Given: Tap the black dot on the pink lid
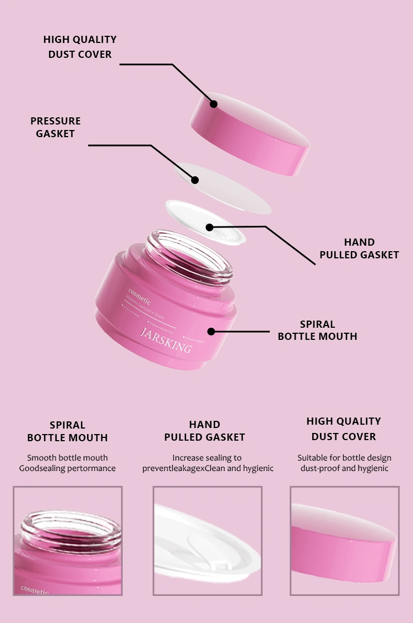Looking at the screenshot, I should coord(214,104).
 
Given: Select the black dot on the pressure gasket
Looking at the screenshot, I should coord(194,180).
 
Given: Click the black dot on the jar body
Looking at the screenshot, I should coord(211,331).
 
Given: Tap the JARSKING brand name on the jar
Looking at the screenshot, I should coord(166,340).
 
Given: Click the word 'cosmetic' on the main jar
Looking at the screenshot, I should coord(139,292).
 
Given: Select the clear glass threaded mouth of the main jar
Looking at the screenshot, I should coord(189,254).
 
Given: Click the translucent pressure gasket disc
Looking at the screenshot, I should coord(231,190).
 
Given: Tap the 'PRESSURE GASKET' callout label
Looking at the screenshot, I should coord(55,127).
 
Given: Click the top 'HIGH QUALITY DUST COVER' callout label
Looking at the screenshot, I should coord(80,47).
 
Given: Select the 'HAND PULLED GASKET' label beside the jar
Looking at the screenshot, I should coord(359,248).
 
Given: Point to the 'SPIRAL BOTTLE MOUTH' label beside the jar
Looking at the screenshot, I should coord(317,330).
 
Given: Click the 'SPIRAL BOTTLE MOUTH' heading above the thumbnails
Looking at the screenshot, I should coord(67,431).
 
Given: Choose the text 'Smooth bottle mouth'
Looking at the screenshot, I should coord(67,458).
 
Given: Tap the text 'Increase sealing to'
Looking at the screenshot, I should coord(206,458).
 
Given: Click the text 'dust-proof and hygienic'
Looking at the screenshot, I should coord(344,468).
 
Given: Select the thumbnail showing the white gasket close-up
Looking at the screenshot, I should coord(207,540).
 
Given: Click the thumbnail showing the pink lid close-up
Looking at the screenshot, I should coord(344,540).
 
